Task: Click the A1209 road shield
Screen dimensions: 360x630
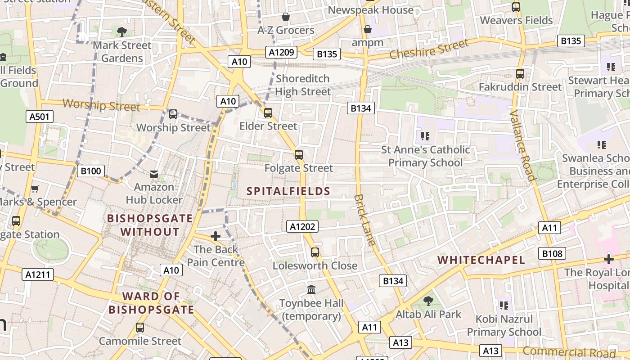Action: [x=282, y=52]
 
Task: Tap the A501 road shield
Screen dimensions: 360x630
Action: [x=39, y=117]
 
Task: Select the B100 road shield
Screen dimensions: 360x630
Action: [x=91, y=171]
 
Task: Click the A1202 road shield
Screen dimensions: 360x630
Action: [x=302, y=226]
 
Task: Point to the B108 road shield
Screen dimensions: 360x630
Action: [x=552, y=253]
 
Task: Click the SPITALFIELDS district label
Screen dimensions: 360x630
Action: [x=288, y=191]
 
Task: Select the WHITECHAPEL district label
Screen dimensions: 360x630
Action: [x=481, y=260]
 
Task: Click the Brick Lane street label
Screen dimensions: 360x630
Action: [x=364, y=220]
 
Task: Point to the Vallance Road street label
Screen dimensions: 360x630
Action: [x=522, y=145]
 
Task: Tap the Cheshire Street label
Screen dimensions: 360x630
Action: [x=428, y=49]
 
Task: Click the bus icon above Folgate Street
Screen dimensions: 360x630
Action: [x=299, y=155]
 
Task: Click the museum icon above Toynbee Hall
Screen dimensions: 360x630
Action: [x=311, y=289]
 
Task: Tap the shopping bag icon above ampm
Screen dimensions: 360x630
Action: [x=368, y=29]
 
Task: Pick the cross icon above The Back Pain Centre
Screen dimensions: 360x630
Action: [x=216, y=236]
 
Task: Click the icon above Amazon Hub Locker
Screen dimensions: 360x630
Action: [x=154, y=174]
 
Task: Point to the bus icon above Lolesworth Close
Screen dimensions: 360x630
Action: [x=315, y=252]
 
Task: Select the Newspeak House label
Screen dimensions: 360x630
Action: [x=370, y=10]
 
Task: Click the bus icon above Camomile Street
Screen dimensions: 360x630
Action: [x=140, y=328]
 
